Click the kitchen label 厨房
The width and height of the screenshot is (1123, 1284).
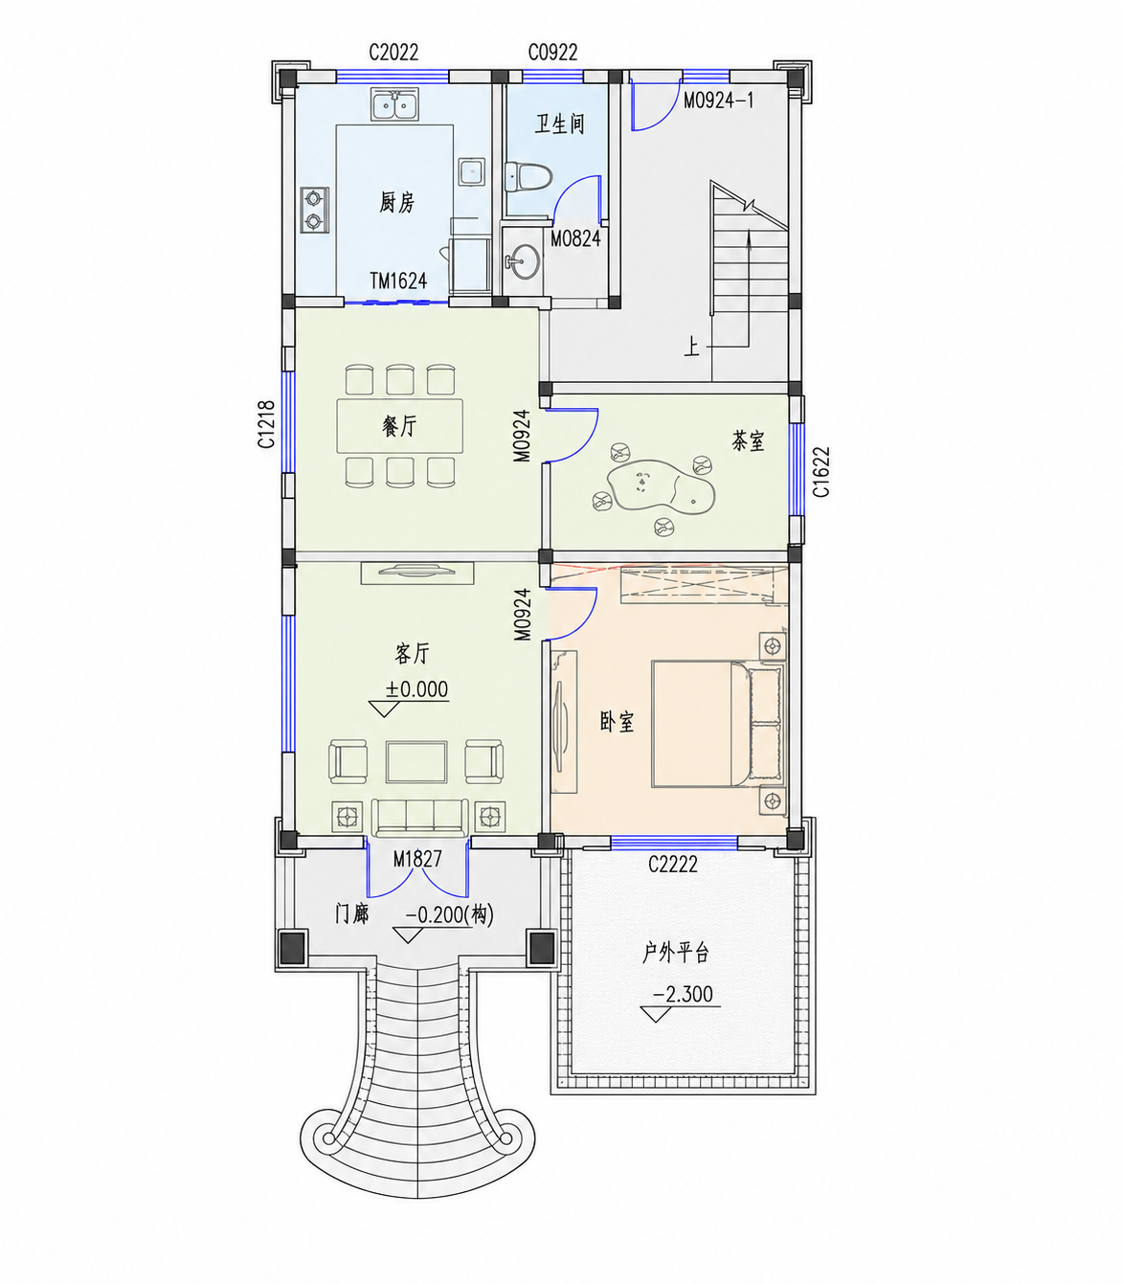(x=396, y=203)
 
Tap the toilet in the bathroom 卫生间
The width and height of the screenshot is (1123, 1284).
(x=528, y=177)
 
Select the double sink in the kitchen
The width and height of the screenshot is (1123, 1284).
(x=395, y=104)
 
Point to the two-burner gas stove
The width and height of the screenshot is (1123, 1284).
(x=314, y=210)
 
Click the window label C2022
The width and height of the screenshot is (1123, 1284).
(x=393, y=52)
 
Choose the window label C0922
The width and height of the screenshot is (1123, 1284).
(x=552, y=52)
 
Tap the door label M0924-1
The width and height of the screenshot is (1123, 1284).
(x=718, y=101)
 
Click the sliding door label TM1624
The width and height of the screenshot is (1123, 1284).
(x=398, y=281)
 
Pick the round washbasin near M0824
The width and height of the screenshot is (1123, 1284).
(x=522, y=261)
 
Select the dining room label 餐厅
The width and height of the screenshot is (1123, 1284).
(x=399, y=427)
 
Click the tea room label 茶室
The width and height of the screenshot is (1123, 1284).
(x=748, y=441)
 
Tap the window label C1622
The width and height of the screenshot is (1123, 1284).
(x=821, y=472)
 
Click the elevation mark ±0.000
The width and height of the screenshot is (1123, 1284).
(x=416, y=689)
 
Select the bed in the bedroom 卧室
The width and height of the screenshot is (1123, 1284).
(x=718, y=723)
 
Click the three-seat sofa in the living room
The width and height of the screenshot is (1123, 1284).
(x=420, y=817)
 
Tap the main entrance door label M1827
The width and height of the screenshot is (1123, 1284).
(x=417, y=859)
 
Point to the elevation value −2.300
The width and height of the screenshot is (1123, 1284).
(x=683, y=995)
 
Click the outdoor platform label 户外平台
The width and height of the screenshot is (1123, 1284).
(x=675, y=953)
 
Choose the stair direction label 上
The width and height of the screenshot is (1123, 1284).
(x=691, y=347)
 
